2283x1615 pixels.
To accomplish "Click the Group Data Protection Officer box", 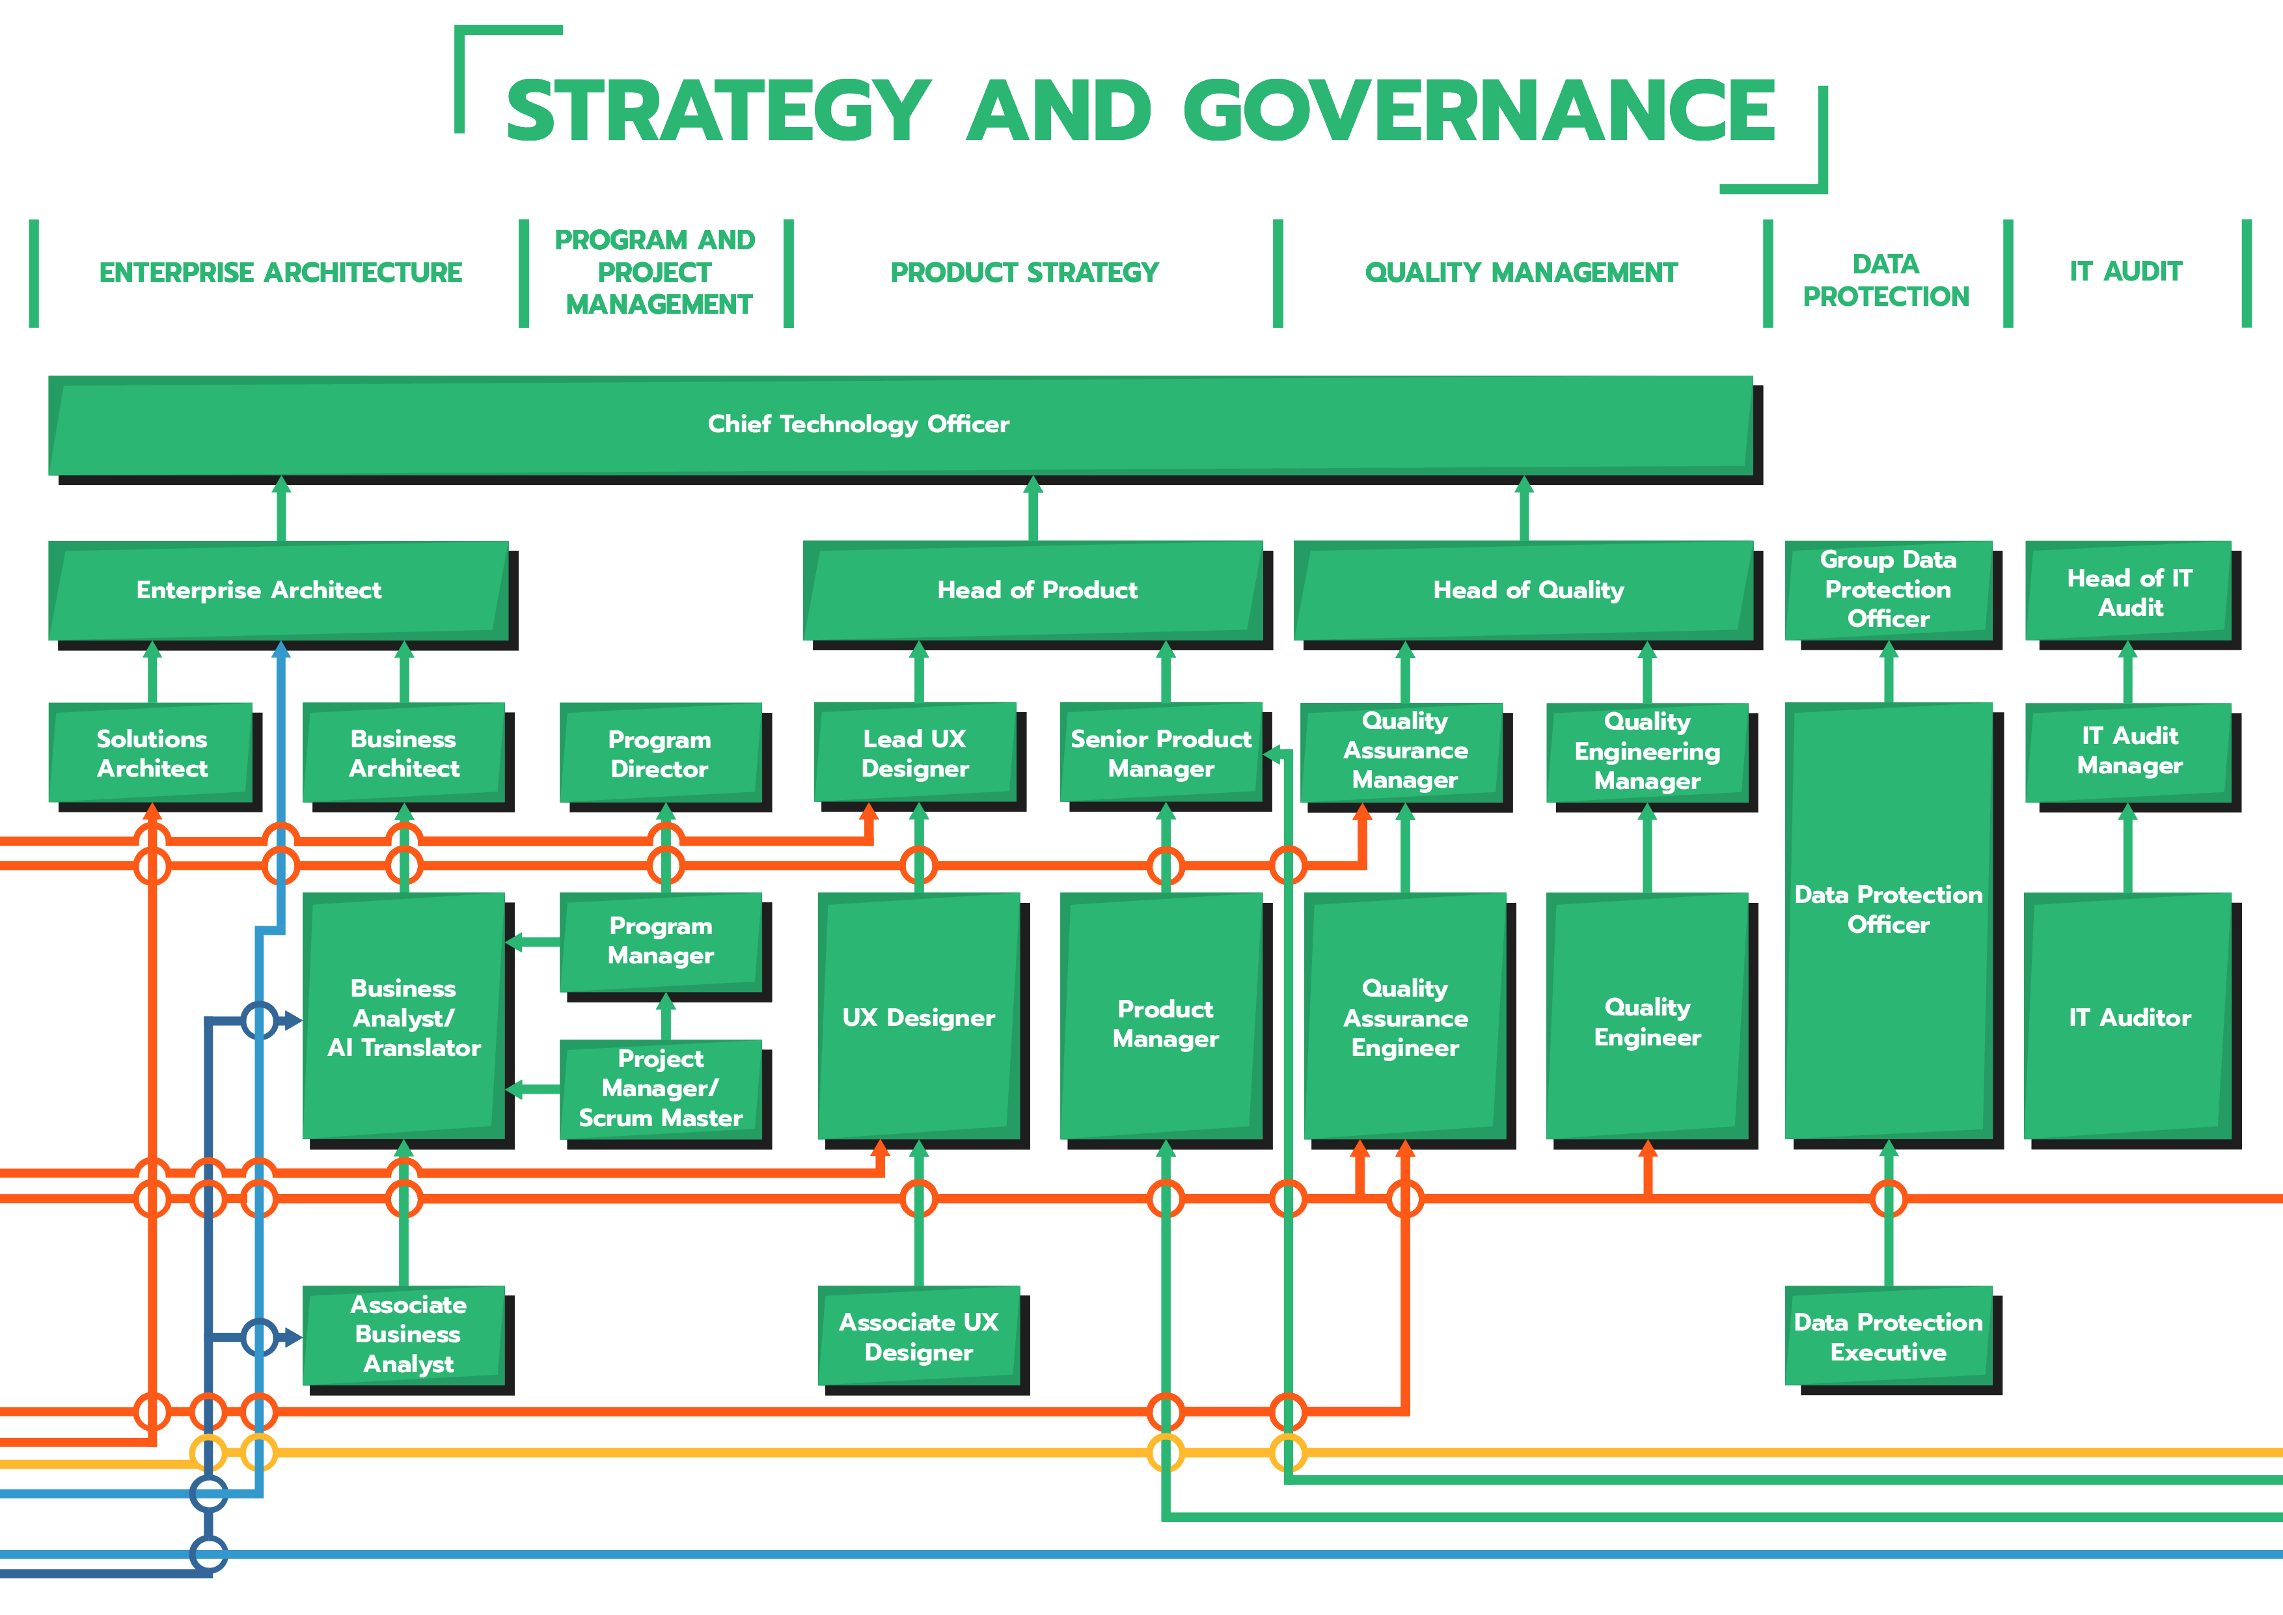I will tap(1887, 590).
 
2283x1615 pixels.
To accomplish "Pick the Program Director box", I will tap(661, 754).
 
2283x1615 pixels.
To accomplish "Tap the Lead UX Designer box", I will tap(915, 754).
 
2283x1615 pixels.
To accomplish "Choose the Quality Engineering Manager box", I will tap(1647, 752).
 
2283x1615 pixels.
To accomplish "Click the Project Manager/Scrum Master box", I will tap(661, 1089).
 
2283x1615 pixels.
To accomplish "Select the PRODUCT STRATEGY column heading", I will tap(1024, 273).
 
